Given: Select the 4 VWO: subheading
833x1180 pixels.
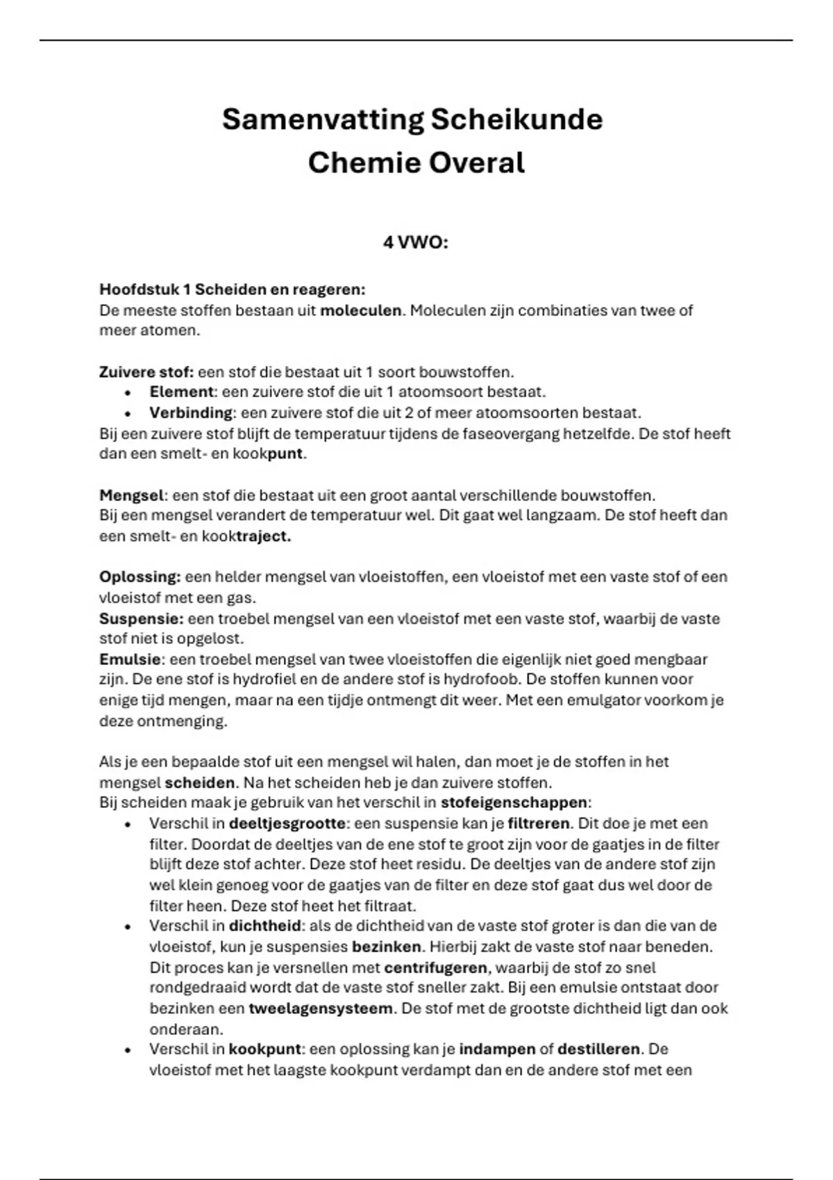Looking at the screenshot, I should tap(416, 243).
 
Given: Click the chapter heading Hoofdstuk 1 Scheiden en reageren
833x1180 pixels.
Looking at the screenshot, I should tap(232, 289).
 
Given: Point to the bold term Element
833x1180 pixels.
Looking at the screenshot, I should tap(181, 392).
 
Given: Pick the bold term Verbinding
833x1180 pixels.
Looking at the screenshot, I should tap(190, 413).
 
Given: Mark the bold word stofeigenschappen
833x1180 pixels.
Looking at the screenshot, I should tap(514, 803).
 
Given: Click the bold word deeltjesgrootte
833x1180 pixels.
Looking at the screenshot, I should tap(287, 824).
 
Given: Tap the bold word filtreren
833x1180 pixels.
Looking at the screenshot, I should tap(538, 824).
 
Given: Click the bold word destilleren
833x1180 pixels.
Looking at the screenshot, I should tap(598, 1050).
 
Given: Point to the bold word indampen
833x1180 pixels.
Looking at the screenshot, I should tap(497, 1050).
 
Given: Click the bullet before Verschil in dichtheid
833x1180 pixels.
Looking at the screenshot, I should tap(128, 927).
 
